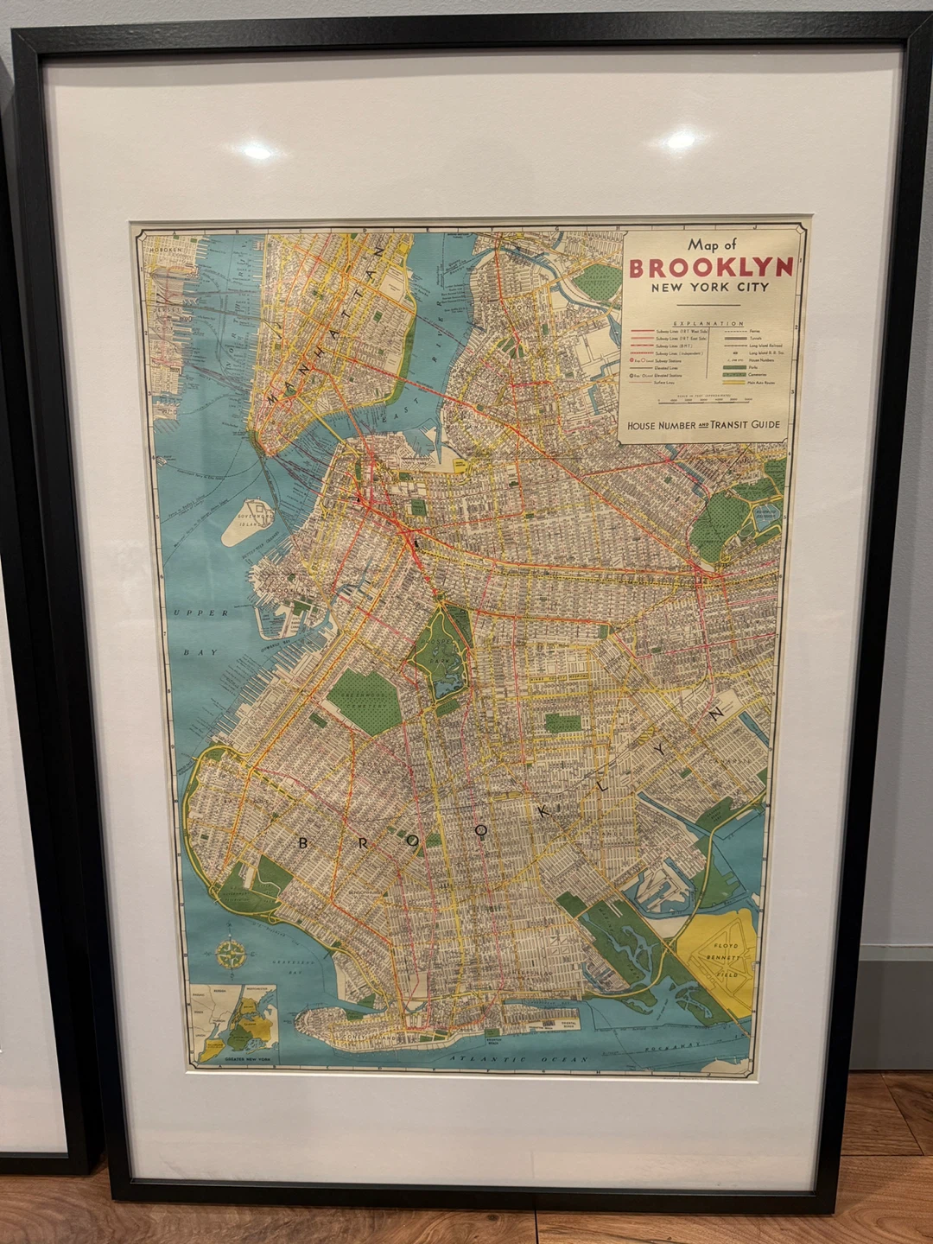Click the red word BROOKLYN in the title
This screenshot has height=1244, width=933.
[710, 268]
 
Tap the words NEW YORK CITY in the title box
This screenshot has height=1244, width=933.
[709, 288]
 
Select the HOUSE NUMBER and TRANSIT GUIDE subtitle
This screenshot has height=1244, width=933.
[703, 425]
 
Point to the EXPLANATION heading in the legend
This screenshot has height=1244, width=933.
[708, 323]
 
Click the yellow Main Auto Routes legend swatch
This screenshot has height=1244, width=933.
[734, 382]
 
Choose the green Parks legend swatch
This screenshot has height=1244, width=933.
[734, 367]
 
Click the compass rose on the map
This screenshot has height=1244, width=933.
[231, 955]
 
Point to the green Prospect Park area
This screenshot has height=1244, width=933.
[442, 652]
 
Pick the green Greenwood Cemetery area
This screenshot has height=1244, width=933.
[364, 700]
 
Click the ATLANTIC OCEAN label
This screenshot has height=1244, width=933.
[518, 1059]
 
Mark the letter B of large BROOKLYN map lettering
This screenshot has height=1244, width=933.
[302, 843]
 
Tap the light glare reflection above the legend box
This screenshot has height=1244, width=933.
[682, 138]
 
